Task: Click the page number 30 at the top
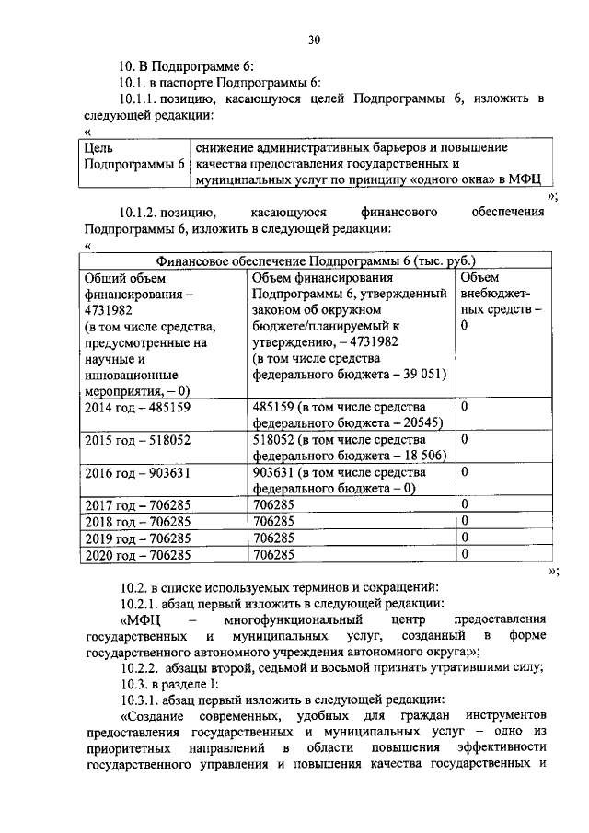pyautogui.click(x=314, y=39)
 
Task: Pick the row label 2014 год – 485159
pyautogui.click(x=137, y=406)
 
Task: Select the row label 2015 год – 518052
pyautogui.click(x=137, y=440)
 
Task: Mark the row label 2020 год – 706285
pyautogui.click(x=137, y=555)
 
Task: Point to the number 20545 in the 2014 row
pyautogui.click(x=422, y=422)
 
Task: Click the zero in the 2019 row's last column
pyautogui.click(x=465, y=538)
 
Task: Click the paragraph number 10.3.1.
pyautogui.click(x=142, y=700)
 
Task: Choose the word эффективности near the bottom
pyautogui.click(x=505, y=749)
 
